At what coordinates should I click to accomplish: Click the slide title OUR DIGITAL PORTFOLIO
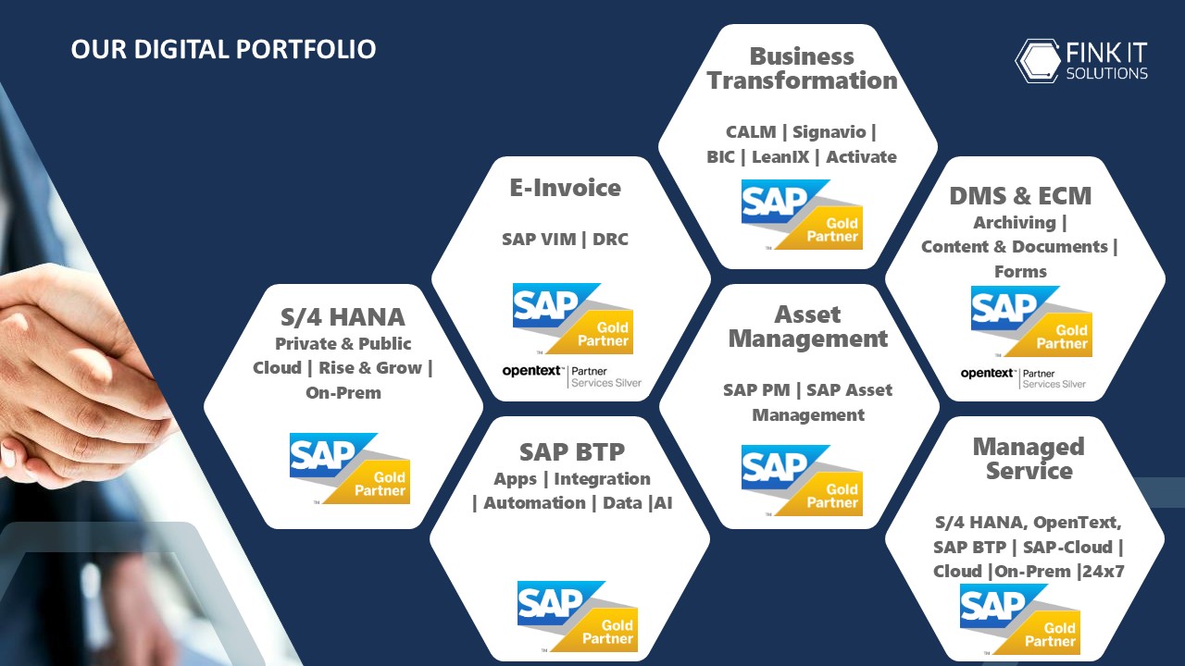click(223, 49)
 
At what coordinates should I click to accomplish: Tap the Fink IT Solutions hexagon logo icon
click(1038, 61)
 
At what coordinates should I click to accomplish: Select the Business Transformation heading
click(802, 68)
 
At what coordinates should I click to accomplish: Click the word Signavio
click(829, 131)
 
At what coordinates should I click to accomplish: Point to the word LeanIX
click(780, 157)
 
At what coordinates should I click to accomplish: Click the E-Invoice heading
click(565, 188)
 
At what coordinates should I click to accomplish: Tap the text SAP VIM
click(539, 239)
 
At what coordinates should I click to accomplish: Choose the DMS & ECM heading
click(1020, 195)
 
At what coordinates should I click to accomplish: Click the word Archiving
click(1015, 223)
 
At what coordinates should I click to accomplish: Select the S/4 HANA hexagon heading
click(343, 317)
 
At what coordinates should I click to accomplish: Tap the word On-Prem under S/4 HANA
click(343, 393)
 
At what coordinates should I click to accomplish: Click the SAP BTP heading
click(572, 452)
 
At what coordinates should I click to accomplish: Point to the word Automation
click(534, 502)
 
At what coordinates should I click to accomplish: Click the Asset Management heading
click(808, 327)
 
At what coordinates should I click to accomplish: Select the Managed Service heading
click(1029, 459)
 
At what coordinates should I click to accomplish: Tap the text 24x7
click(1103, 572)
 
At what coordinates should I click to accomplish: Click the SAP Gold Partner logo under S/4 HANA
click(350, 468)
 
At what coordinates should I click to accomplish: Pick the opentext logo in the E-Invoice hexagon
click(531, 371)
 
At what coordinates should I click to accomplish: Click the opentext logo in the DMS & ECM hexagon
click(987, 373)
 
